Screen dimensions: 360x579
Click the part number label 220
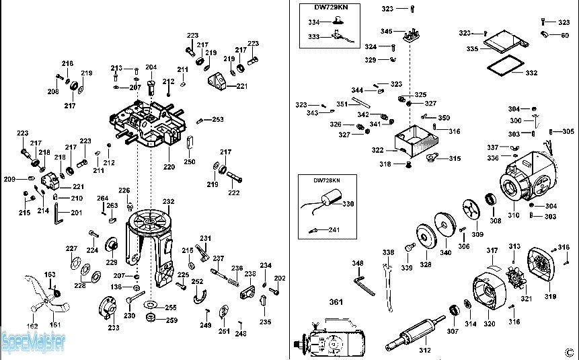click(x=168, y=166)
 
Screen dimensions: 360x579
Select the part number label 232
click(x=168, y=201)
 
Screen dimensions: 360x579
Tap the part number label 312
click(x=424, y=350)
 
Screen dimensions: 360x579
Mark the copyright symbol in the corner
click(x=569, y=351)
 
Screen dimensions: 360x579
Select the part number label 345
click(x=386, y=31)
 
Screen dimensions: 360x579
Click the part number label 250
click(x=190, y=161)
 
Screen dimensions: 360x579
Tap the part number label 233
click(x=114, y=328)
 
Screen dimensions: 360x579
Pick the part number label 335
click(x=472, y=49)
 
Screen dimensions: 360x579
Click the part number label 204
click(x=151, y=67)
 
